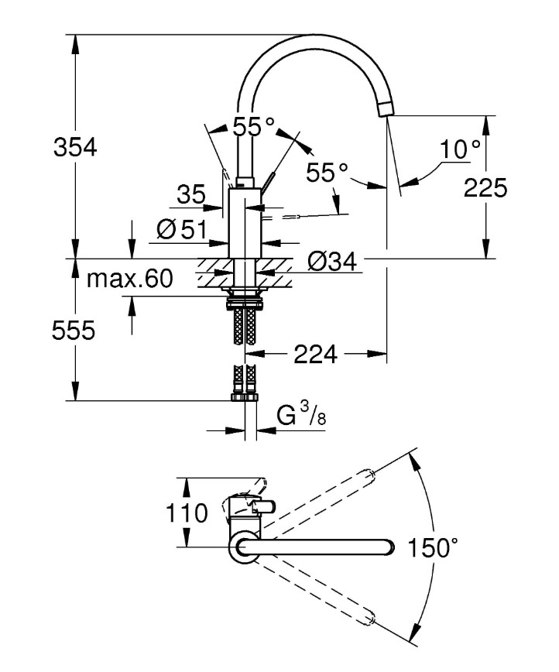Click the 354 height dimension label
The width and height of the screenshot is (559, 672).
[x=75, y=147]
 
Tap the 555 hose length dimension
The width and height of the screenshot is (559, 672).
[x=74, y=331]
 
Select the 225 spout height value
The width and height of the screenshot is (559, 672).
[x=485, y=188]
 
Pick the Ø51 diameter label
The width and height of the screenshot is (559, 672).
[x=180, y=229]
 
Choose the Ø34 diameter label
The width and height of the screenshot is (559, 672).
[x=332, y=262]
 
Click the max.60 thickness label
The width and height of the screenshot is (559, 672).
[x=129, y=279]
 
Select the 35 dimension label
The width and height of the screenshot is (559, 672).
[x=192, y=195]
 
